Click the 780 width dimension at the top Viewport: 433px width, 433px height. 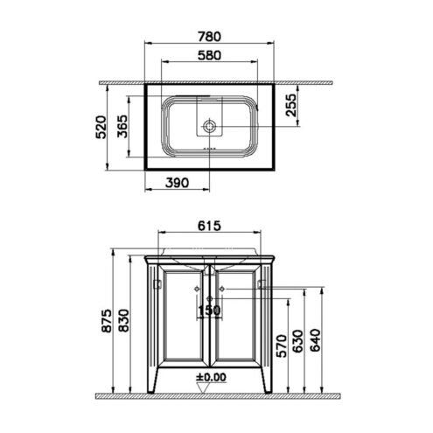209,37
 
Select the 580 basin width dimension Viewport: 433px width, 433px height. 209,55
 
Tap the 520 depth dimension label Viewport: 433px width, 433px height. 101,127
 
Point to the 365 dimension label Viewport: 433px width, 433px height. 122,126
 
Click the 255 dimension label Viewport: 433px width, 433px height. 290,105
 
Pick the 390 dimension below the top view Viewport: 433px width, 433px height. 178,183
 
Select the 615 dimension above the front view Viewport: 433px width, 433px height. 209,226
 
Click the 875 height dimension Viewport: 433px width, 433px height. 106,321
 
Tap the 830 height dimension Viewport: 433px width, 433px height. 123,321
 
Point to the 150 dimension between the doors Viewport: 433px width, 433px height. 209,311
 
